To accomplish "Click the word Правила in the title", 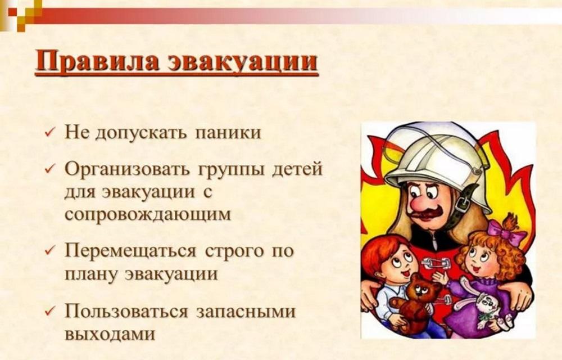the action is (97, 61).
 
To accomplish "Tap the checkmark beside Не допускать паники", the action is (49, 132).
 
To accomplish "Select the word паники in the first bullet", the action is (228, 133).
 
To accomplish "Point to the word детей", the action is (297, 170).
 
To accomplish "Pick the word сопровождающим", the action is (148, 215).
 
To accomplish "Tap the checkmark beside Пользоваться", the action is (49, 311).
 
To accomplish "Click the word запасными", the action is (246, 311).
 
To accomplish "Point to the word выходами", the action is (110, 334).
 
